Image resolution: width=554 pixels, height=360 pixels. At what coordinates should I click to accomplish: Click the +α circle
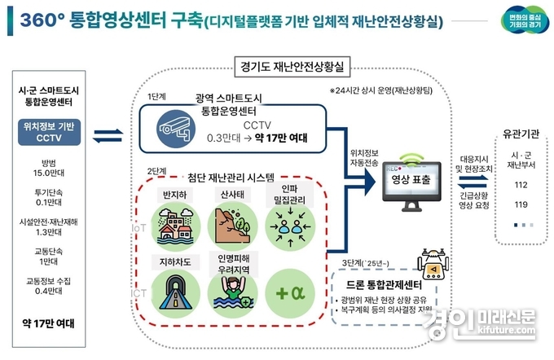(286, 290)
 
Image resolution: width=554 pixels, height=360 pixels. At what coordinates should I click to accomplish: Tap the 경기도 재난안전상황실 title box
(291, 64)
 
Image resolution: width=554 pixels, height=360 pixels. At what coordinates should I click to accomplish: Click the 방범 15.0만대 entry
(49, 167)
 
